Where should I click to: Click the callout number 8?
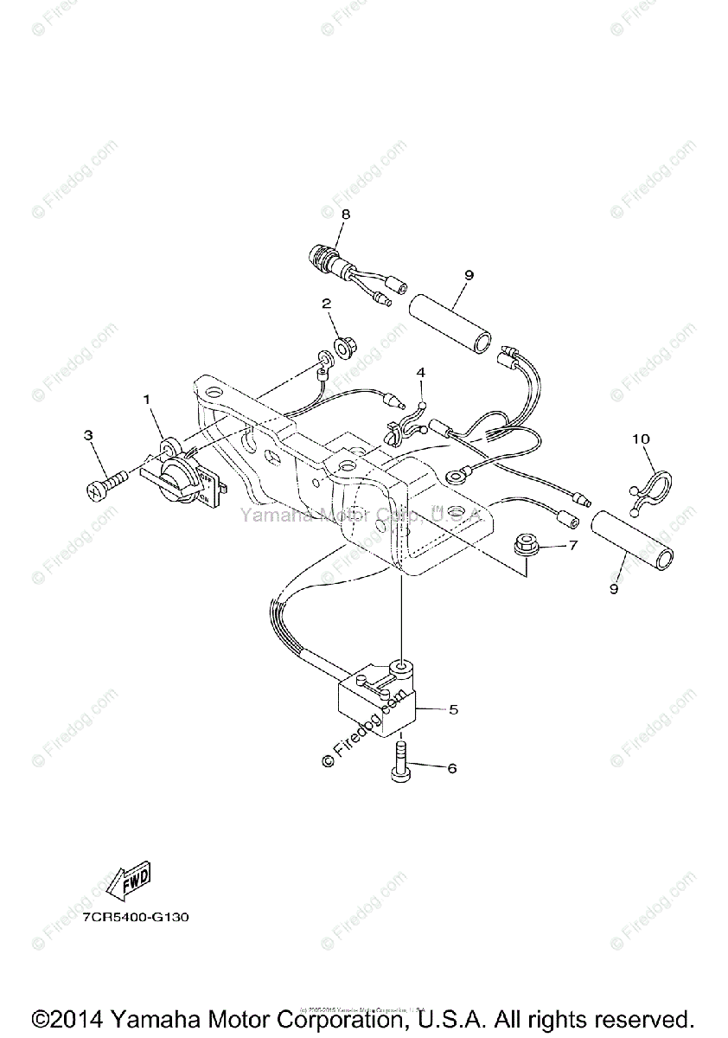click(x=345, y=213)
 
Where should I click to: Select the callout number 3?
click(x=88, y=435)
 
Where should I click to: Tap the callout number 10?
click(x=640, y=439)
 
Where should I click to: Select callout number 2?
click(x=327, y=304)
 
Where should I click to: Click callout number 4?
click(x=421, y=373)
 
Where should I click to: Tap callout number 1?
click(x=147, y=400)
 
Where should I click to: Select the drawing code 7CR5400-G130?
click(x=135, y=917)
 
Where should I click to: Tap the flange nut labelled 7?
click(x=522, y=545)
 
